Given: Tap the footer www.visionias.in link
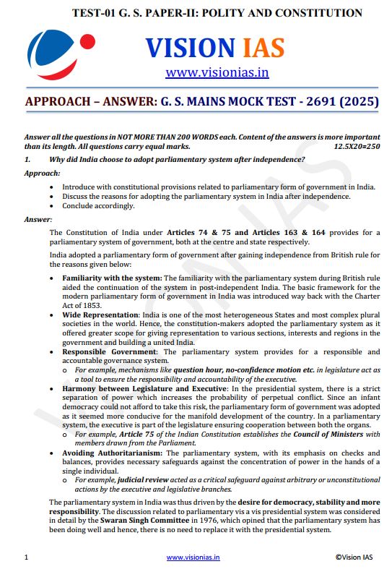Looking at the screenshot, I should [x=193, y=557].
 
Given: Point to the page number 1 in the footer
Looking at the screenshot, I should [x=26, y=557].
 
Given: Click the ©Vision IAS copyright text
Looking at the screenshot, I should [x=355, y=557].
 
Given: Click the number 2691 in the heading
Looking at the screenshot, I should [x=306, y=102].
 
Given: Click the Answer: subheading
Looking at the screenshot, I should [x=38, y=218].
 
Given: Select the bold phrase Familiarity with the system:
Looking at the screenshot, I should [x=113, y=278].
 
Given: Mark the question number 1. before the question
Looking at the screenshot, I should [x=27, y=159].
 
